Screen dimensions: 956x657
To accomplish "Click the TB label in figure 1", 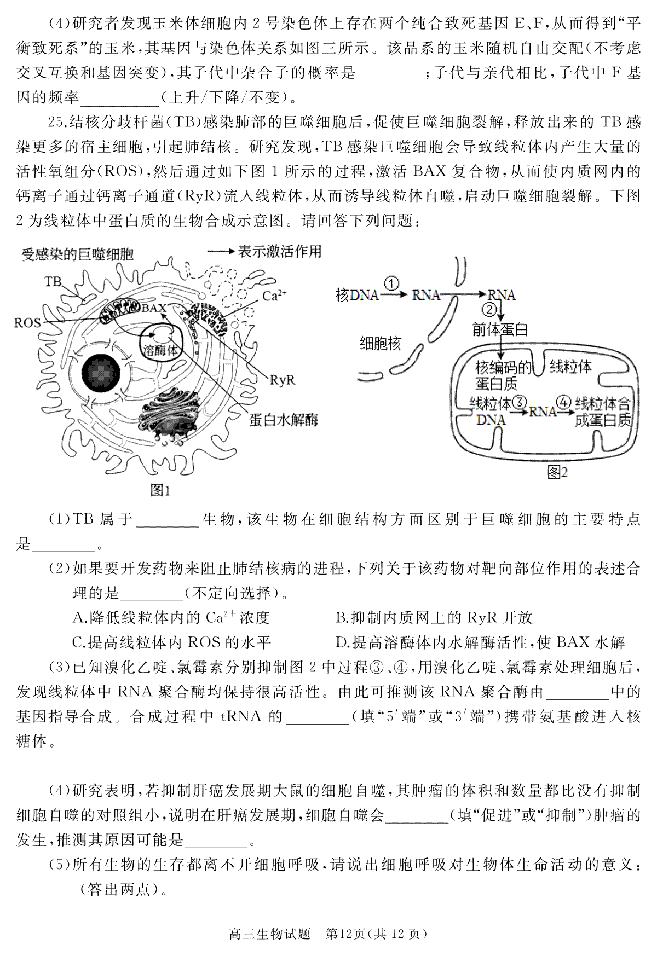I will pos(53,281).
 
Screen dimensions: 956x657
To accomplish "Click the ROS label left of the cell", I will pos(27,322).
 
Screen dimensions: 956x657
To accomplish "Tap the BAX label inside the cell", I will pos(154,308).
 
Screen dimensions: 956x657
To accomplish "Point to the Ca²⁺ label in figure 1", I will pos(274,296).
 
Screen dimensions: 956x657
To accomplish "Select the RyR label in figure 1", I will pos(283,379).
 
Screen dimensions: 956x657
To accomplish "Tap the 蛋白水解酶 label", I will pos(284,420).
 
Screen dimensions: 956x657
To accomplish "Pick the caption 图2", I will pos(557,472).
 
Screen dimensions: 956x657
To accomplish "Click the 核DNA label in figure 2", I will pos(357,295).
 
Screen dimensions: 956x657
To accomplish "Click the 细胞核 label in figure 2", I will pos(380,344).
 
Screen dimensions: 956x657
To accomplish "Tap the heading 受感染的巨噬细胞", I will pos(77,254).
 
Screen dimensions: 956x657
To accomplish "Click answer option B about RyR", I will pos(434,618).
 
